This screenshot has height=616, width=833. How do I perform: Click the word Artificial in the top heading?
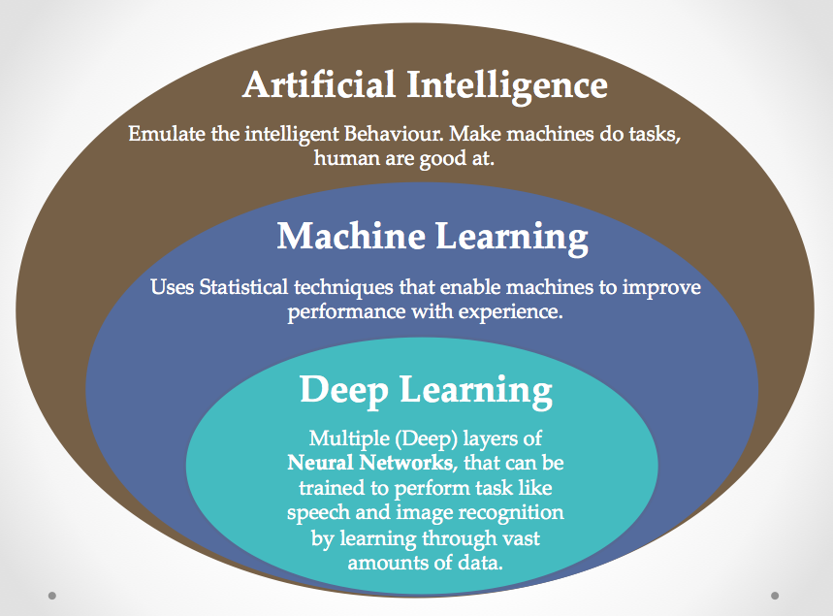point(319,84)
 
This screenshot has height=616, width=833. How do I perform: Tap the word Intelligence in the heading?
point(507,87)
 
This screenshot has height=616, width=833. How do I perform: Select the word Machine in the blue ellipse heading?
point(351,236)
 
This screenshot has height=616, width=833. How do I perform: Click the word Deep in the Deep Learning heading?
point(344,391)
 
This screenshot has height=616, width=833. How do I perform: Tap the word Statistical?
point(243,287)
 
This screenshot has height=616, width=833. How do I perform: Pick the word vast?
point(521,538)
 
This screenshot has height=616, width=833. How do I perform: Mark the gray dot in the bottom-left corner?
point(52,596)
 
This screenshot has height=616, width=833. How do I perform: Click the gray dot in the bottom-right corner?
point(775,596)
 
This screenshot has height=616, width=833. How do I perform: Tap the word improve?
point(662,288)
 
